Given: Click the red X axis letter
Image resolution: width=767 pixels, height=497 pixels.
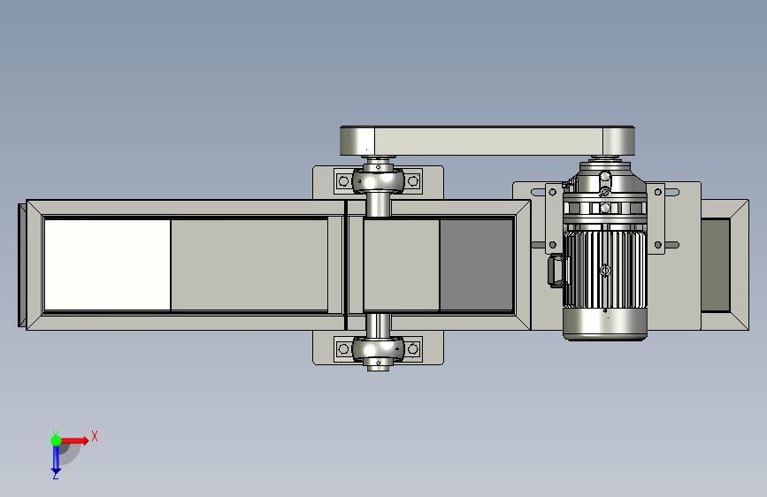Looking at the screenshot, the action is [95, 436].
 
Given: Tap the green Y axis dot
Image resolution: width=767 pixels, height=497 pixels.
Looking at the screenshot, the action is [57, 440].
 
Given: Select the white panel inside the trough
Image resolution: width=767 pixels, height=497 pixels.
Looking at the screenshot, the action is [107, 264].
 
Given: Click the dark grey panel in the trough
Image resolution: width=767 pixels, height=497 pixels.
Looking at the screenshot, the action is [476, 264].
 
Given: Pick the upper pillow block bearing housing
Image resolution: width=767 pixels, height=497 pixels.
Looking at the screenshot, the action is [378, 180].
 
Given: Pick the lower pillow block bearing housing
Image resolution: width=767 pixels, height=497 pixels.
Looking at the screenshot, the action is [378, 348].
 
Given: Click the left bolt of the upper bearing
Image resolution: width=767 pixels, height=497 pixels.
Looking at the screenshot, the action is [343, 181].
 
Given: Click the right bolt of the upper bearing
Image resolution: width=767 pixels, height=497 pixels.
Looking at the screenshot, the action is [413, 181].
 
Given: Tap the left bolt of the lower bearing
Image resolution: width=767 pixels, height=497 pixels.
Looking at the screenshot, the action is [343, 348].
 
